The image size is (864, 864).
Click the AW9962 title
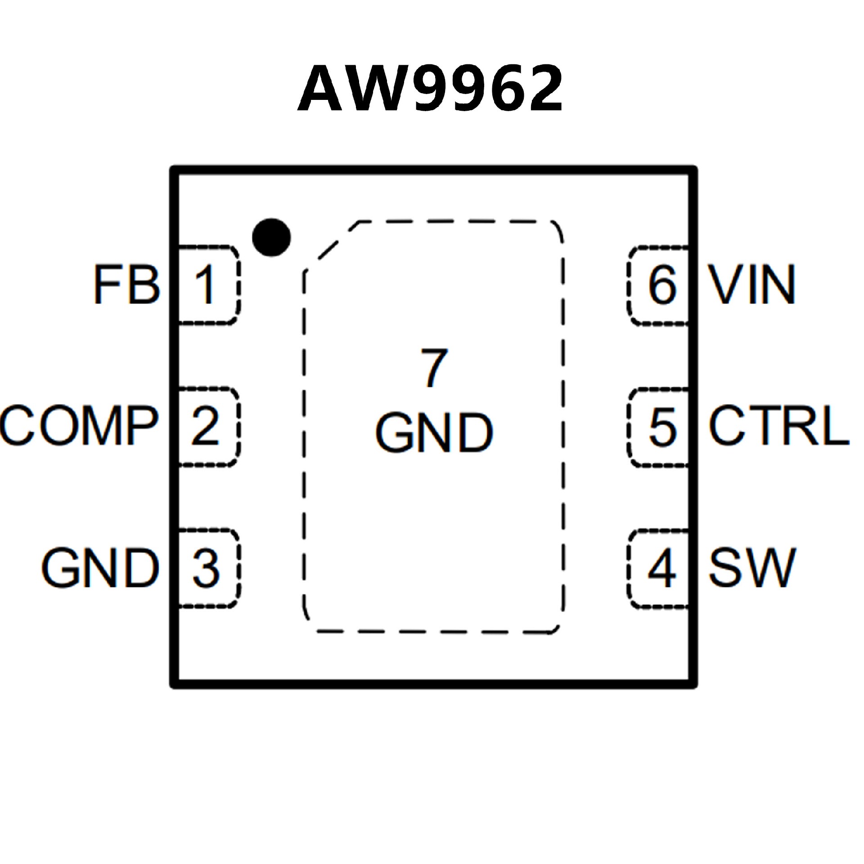[x=430, y=88]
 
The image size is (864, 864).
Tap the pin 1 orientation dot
[x=271, y=237]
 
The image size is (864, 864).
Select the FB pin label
[x=126, y=285]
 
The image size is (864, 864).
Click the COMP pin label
[x=79, y=425]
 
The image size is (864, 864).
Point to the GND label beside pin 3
[x=100, y=567]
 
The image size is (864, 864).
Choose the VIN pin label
[x=752, y=285]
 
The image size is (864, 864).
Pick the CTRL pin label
[x=779, y=425]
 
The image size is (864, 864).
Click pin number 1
[x=205, y=285]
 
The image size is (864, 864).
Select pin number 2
[x=205, y=426]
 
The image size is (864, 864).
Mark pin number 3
[x=206, y=568]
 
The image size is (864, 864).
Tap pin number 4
[x=662, y=568]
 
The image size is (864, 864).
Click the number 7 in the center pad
[x=434, y=368]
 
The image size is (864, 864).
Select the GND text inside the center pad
[x=434, y=432]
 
